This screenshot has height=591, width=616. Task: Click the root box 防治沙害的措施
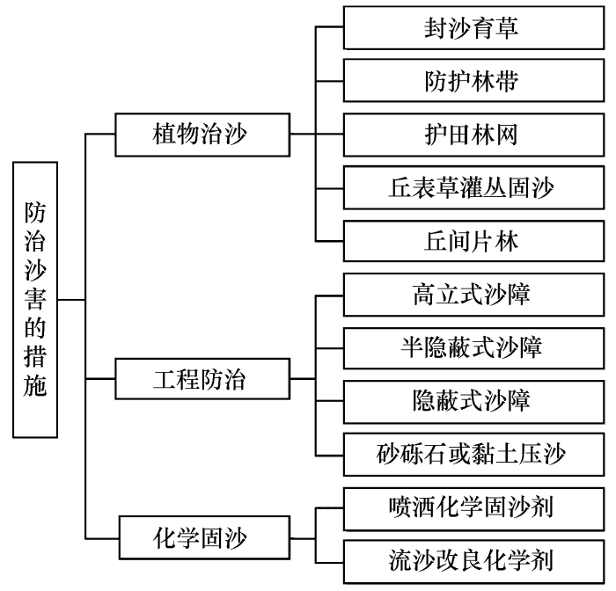35,300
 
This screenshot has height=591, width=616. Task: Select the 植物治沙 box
202,135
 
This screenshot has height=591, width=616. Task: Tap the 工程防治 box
202,379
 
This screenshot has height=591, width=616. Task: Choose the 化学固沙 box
205,537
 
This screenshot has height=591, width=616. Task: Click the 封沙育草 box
473,27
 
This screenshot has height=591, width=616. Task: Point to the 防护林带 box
473,81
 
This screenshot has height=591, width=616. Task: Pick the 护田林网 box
473,135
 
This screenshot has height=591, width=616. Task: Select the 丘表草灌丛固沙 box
473,187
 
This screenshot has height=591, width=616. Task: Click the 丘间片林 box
473,241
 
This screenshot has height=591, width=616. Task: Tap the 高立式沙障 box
473,295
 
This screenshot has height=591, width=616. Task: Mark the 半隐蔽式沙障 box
473,348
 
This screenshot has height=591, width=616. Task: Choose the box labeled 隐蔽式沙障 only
473,401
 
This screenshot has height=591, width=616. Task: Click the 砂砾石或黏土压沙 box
473,455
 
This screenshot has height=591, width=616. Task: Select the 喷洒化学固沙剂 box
473,509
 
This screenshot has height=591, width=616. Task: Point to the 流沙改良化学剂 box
473,562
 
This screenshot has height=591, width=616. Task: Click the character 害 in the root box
35,299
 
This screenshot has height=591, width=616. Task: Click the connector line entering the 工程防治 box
100,379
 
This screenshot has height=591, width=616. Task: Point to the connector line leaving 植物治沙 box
303,135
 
